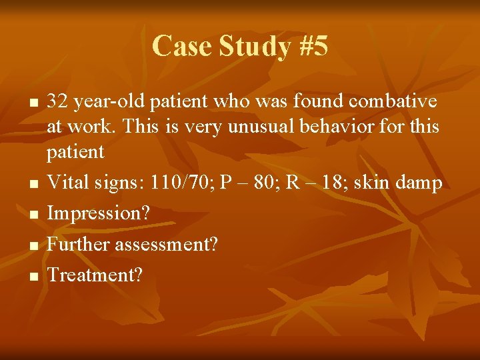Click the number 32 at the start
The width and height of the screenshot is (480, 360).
pos(57,101)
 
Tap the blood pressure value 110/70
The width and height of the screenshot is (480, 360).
pos(171,183)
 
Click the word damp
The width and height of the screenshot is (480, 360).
pos(419,183)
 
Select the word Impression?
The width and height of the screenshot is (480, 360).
pos(99,214)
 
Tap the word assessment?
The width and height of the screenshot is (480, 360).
pos(166,244)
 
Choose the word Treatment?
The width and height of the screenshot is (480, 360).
pos(94,275)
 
